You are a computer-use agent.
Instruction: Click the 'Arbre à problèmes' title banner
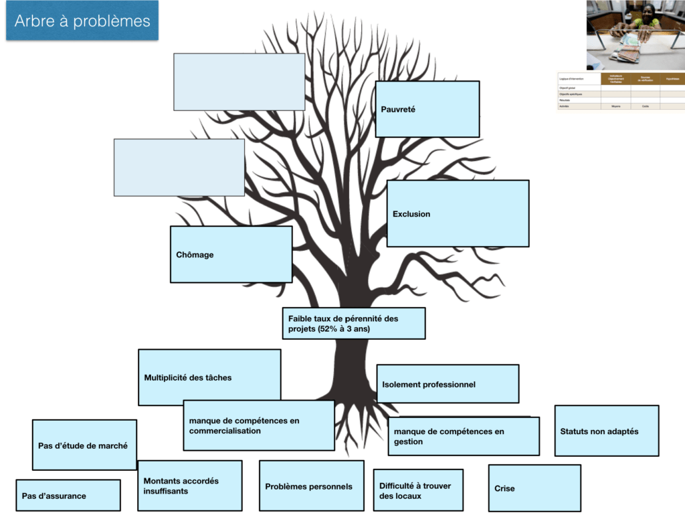point(82,21)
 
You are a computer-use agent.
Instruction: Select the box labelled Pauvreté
point(427,109)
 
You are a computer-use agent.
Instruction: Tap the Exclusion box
point(458,213)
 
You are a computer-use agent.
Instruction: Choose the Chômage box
point(231,254)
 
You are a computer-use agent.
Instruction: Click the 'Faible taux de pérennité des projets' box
point(353,323)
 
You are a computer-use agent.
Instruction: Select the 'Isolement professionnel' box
point(447,384)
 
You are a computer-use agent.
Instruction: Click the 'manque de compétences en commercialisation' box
point(258,425)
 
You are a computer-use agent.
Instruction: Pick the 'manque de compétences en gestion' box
point(463,437)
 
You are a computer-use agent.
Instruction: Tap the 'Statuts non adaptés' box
point(606,431)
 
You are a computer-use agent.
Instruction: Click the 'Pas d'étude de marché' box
point(84,445)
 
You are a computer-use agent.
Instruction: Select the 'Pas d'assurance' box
point(68,496)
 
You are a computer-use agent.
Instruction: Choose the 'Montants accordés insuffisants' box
point(189,486)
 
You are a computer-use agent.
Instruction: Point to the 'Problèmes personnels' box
point(311,486)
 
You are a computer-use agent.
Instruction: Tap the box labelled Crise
point(534,488)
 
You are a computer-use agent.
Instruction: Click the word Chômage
point(195,255)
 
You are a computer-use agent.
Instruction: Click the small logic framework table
point(620,92)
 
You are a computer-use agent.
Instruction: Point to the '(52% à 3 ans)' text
point(345,329)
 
